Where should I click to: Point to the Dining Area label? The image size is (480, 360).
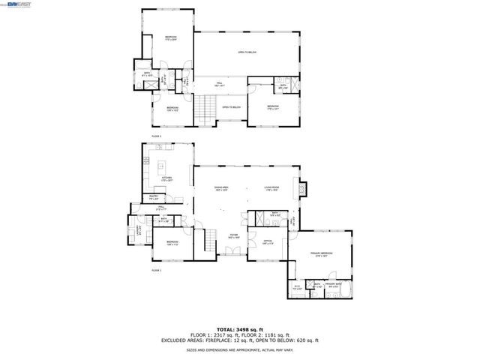(x=221, y=187)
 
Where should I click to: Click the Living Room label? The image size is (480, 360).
(x=271, y=187)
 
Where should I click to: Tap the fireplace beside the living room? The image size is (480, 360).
(x=302, y=188)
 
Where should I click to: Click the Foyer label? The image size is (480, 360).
(x=233, y=236)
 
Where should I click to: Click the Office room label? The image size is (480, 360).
(x=268, y=242)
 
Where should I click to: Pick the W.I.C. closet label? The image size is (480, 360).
(x=297, y=286)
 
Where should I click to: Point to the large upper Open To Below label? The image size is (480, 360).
(x=247, y=52)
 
